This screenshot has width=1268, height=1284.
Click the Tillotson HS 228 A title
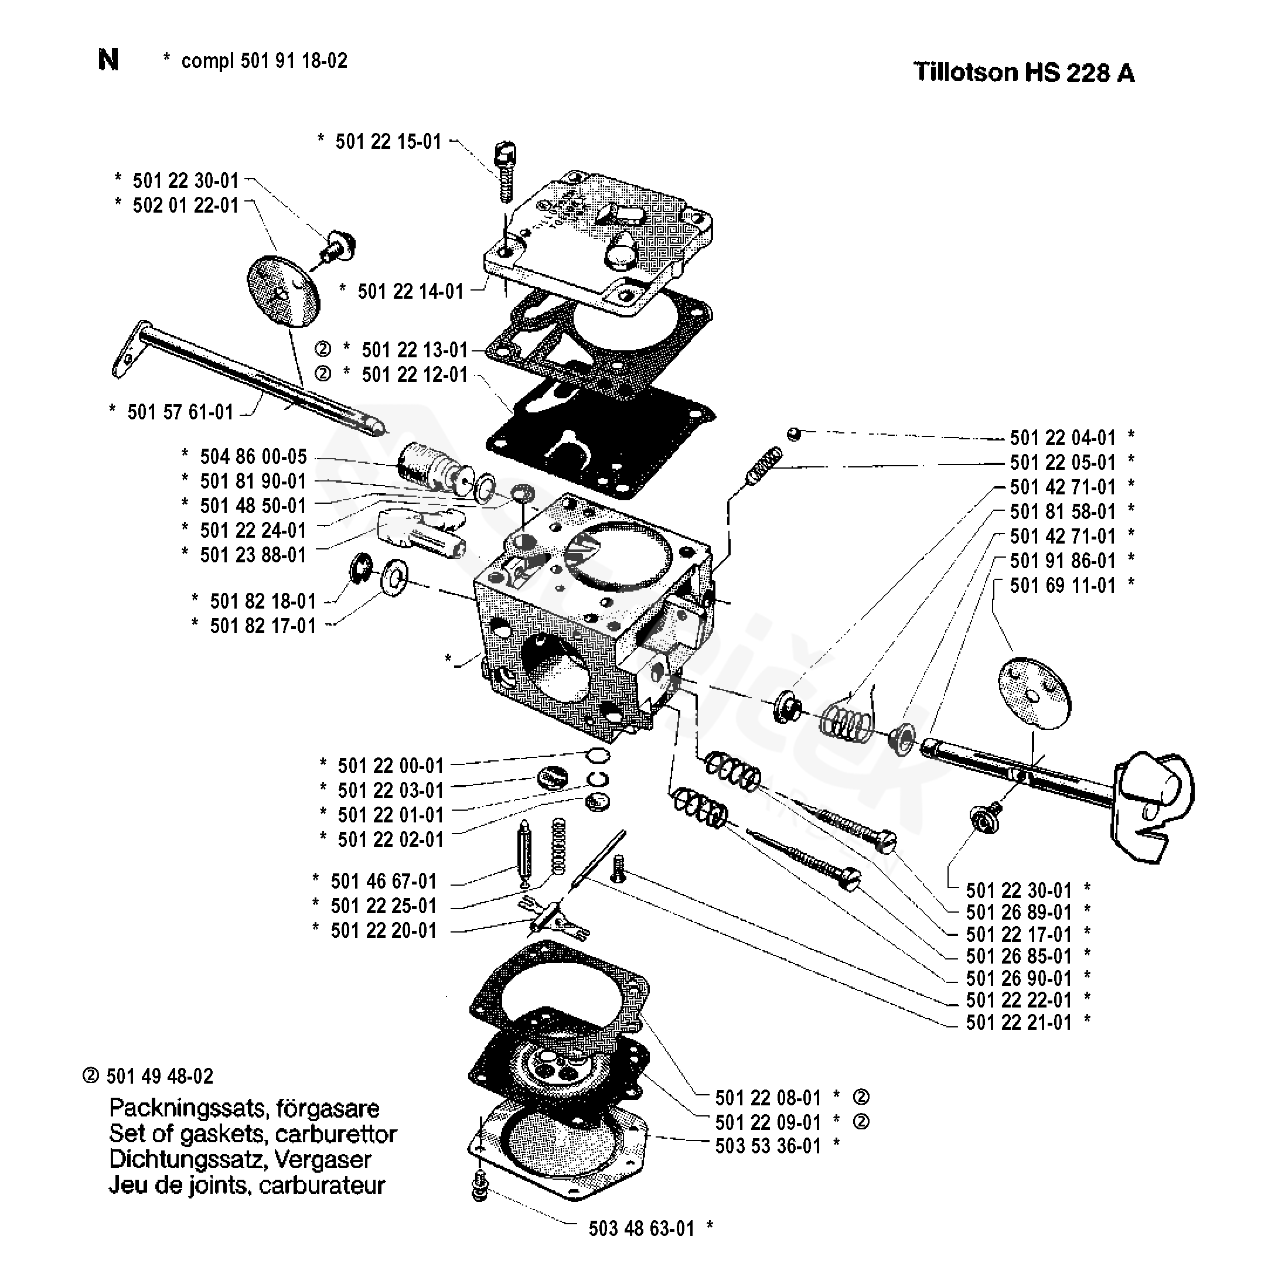click(1024, 72)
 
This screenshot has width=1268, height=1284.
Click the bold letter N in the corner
click(108, 60)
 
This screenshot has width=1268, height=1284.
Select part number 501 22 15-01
click(388, 142)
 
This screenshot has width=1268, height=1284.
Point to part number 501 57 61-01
click(180, 412)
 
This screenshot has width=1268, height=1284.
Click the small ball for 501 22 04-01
click(793, 434)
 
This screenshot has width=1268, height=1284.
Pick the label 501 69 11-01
click(1062, 586)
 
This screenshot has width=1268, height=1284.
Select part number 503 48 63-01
click(642, 1229)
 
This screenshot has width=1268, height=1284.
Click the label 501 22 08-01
click(768, 1097)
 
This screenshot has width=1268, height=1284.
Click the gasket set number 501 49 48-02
click(159, 1077)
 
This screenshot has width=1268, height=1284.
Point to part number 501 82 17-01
click(263, 626)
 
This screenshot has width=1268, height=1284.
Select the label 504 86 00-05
click(253, 456)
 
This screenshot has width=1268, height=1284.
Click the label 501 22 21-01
click(1018, 1022)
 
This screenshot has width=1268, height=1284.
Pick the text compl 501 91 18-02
click(264, 61)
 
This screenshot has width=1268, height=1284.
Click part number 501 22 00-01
click(390, 766)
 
